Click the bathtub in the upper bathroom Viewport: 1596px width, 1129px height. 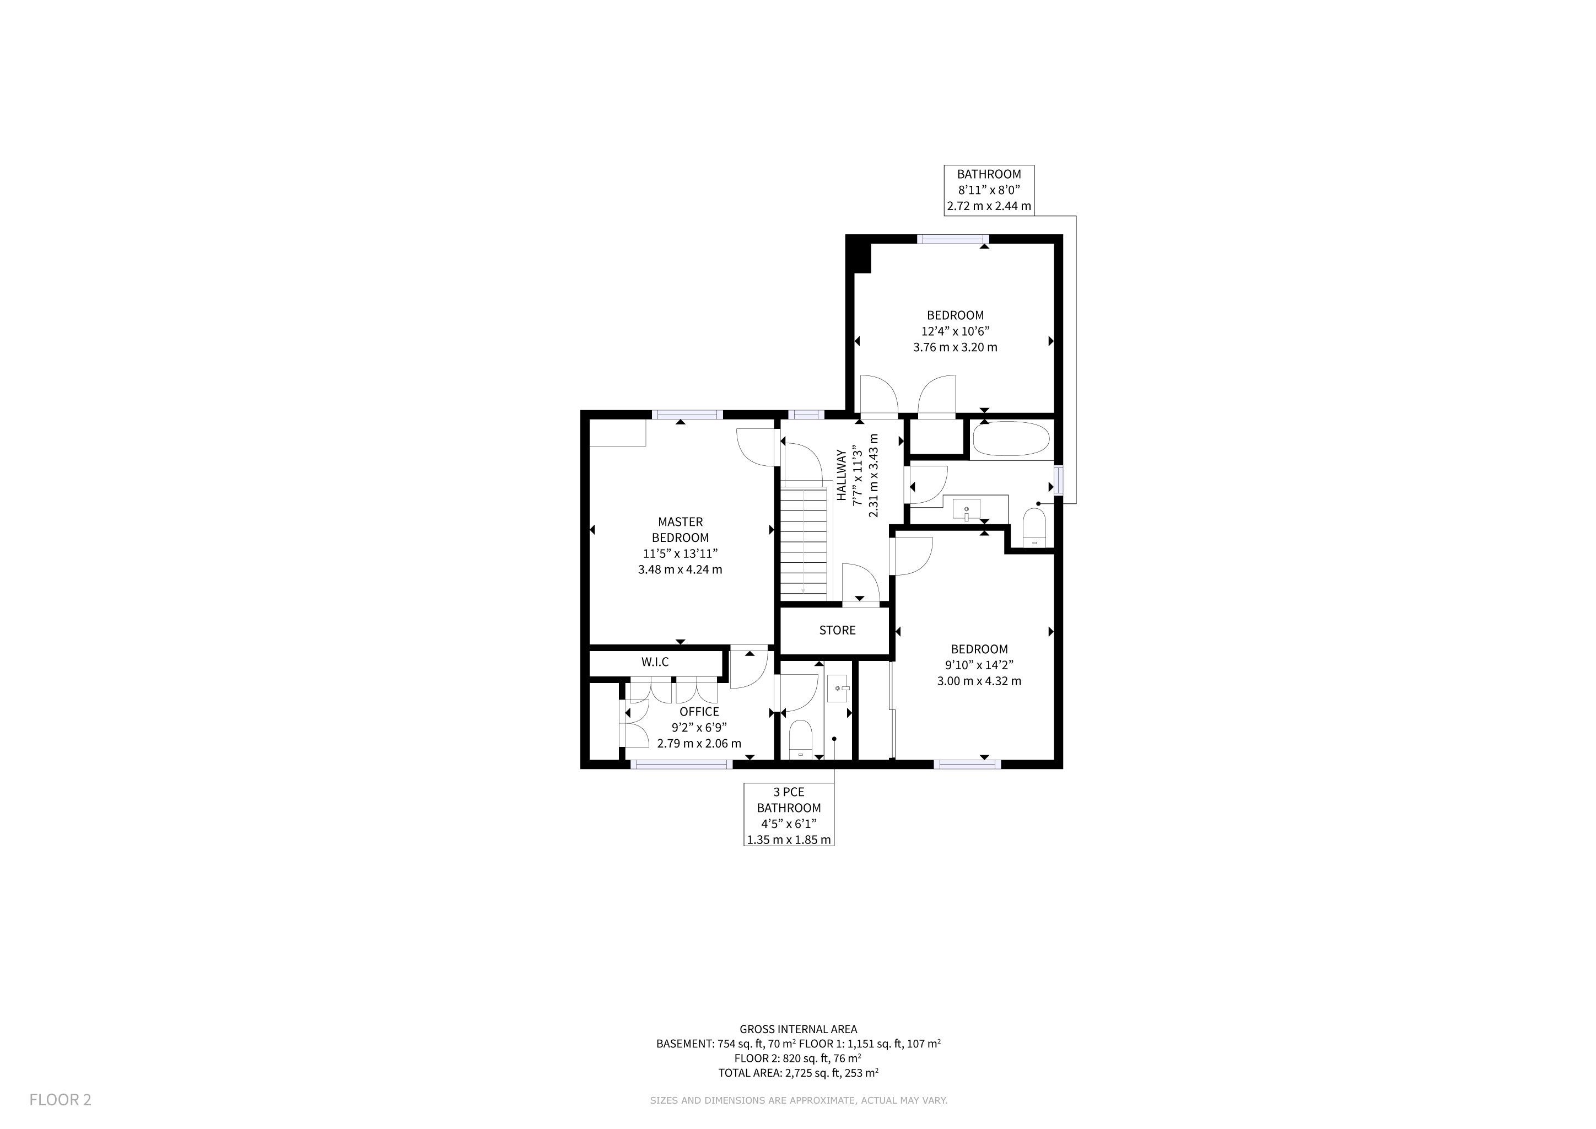coord(1011,439)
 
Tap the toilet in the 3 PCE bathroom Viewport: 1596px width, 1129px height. coord(801,739)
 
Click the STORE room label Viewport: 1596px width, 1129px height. coord(837,630)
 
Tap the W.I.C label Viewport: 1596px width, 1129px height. coord(655,662)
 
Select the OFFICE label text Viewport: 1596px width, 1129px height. coord(699,711)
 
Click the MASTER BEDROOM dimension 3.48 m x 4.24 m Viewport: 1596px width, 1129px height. coord(680,569)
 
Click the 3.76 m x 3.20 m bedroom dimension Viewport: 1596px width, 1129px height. coord(955,347)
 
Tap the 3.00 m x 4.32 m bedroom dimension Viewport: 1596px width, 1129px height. coord(979,681)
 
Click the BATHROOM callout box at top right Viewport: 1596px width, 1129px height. coord(989,190)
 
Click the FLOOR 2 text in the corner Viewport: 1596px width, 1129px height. coord(61,1100)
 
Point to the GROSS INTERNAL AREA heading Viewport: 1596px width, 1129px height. coord(798,1029)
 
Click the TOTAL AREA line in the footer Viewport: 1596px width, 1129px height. coord(798,1073)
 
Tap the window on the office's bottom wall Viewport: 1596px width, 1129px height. coord(681,764)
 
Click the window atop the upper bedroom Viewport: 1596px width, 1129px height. coord(953,239)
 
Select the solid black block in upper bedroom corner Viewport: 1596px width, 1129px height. coord(859,255)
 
